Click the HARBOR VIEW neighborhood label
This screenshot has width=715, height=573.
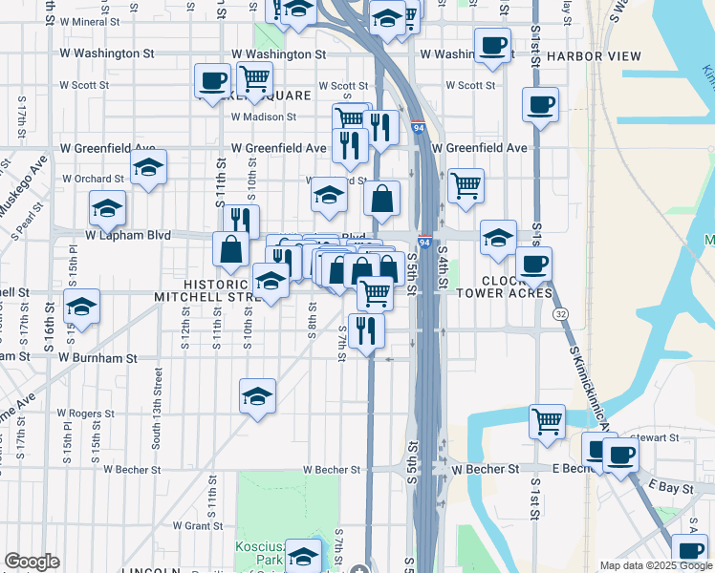tap(595, 56)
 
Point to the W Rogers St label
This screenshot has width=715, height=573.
tap(85, 414)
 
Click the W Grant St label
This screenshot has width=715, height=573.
tap(197, 525)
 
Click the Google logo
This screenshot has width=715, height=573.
tap(32, 562)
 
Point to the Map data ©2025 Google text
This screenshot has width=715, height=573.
tap(657, 565)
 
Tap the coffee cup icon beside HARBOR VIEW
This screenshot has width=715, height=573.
tap(493, 46)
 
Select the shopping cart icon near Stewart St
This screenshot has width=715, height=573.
tap(547, 420)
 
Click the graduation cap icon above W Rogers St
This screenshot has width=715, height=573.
tap(257, 395)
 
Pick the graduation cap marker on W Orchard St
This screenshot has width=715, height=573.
tap(149, 167)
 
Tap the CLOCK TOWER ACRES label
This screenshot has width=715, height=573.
tap(505, 286)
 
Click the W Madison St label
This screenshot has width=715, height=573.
tap(264, 117)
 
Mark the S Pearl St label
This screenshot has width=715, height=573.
tap(18, 222)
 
